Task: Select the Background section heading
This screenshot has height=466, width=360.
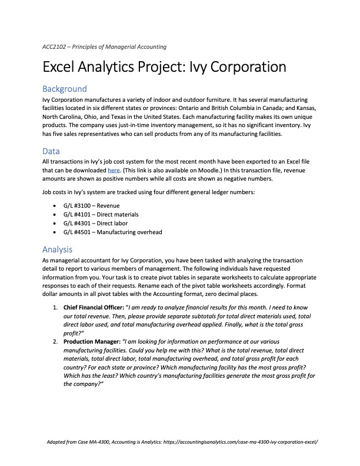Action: click(x=65, y=89)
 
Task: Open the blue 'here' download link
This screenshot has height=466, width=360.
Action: click(x=113, y=170)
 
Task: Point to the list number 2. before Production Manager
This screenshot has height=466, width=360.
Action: click(x=55, y=341)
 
